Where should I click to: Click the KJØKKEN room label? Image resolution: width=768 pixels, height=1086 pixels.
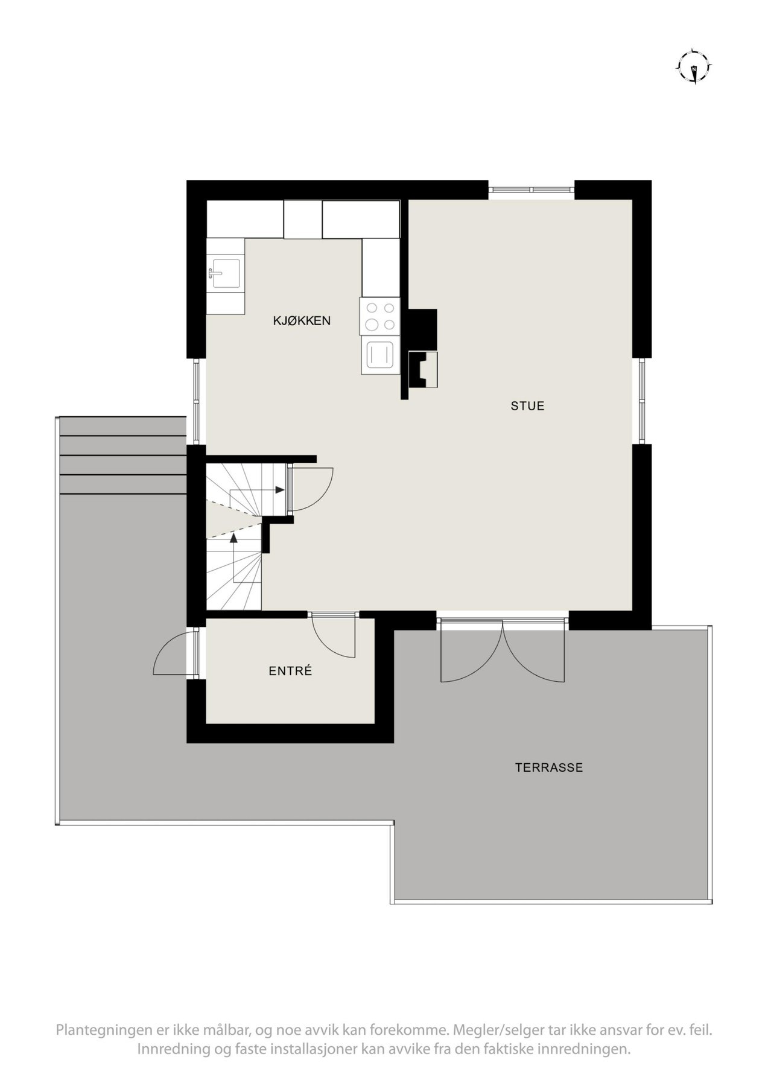302,320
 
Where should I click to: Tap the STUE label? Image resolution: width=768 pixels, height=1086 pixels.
527,406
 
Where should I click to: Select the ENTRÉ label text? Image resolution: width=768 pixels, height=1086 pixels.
290,670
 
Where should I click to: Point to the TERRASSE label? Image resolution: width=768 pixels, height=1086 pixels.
548,768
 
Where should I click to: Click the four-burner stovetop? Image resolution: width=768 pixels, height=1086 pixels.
379,316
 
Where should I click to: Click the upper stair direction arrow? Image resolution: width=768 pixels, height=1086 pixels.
279,490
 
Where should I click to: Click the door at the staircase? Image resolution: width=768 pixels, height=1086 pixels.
311,490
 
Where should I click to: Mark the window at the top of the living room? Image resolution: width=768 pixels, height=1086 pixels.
531,190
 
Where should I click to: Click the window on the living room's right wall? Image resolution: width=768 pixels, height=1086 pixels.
642,401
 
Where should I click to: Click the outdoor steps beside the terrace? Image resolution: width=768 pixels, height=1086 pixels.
123,456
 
